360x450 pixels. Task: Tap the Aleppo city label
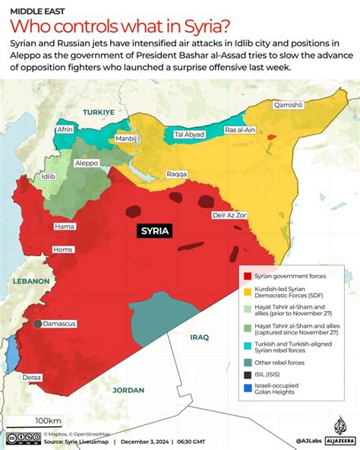(87, 163)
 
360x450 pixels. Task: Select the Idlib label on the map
(49, 176)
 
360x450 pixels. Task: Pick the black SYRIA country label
(154, 231)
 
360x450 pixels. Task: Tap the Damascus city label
(58, 324)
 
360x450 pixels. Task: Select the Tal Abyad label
(189, 135)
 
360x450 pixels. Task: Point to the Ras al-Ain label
(240, 131)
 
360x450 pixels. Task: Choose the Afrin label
(65, 129)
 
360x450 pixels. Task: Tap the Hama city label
(64, 227)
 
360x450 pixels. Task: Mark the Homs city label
(62, 249)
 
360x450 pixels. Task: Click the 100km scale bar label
(48, 420)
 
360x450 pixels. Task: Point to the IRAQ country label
(200, 337)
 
